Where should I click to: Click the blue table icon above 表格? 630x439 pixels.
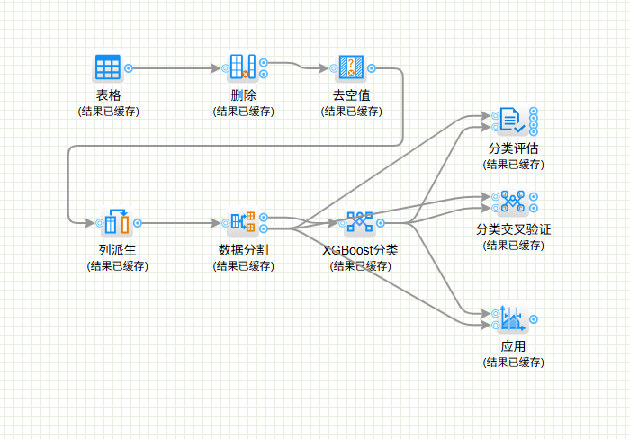[x=108, y=67]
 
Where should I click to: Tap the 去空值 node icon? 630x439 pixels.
[x=351, y=67]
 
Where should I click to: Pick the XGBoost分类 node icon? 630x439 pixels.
[x=359, y=221]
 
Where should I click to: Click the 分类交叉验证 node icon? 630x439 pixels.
[x=512, y=201]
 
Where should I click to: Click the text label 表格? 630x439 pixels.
[x=108, y=95]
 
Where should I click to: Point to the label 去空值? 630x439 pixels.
[x=351, y=95]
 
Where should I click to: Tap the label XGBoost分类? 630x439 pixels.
[x=360, y=249]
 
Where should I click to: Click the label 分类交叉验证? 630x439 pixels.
[x=513, y=229]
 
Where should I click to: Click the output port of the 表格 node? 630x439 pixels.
[x=129, y=67]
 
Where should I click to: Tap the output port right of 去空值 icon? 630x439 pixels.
[x=372, y=67]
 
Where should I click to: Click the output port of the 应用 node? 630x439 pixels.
[x=535, y=318]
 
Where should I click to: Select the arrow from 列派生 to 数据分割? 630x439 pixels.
[x=180, y=222]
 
